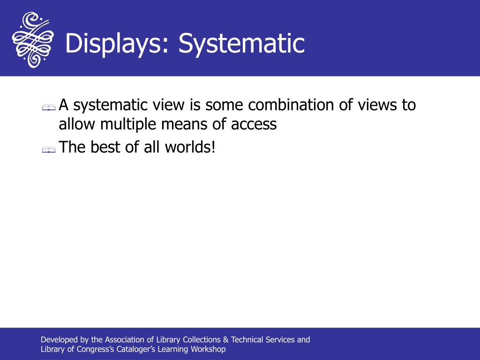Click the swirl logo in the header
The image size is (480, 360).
tap(33, 40)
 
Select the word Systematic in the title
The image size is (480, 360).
tap(241, 44)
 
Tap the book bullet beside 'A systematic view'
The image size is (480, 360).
tap(49, 107)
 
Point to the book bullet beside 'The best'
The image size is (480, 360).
tap(49, 150)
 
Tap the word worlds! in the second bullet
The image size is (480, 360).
tap(190, 147)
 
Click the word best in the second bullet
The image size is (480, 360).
tap(105, 147)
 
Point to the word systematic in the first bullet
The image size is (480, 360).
tap(111, 105)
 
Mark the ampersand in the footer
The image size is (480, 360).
tap(226, 340)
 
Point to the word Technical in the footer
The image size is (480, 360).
tap(247, 340)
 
